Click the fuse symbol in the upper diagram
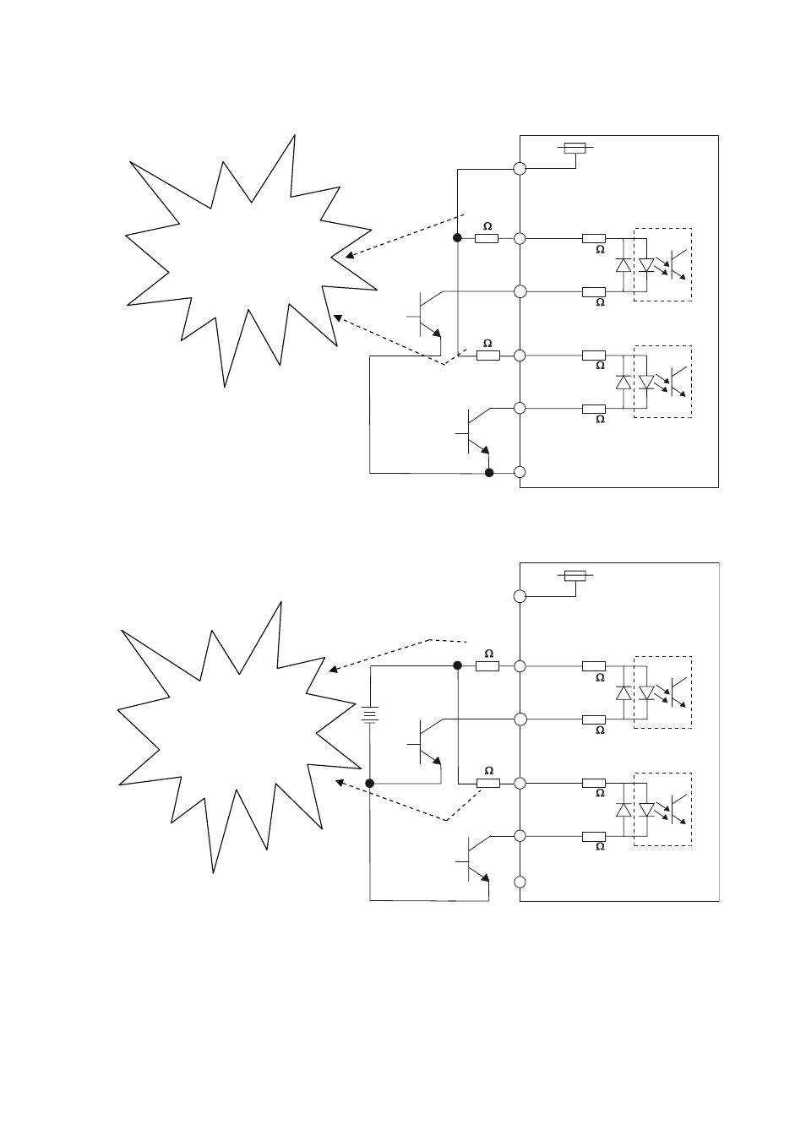[x=575, y=148]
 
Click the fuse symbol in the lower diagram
[x=575, y=576]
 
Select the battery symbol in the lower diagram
[x=369, y=715]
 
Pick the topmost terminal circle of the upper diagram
[x=520, y=169]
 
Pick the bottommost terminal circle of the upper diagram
[x=520, y=472]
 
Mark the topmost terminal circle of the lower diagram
[x=520, y=596]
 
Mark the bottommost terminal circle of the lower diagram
[x=520, y=882]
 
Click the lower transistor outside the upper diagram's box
[x=474, y=431]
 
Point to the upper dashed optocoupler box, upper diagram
[x=662, y=264]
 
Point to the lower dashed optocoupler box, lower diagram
[x=662, y=808]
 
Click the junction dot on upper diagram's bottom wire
[x=488, y=472]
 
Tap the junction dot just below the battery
[x=369, y=783]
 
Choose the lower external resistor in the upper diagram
[x=487, y=356]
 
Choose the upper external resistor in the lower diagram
[x=487, y=665]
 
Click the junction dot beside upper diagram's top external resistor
[x=457, y=238]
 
